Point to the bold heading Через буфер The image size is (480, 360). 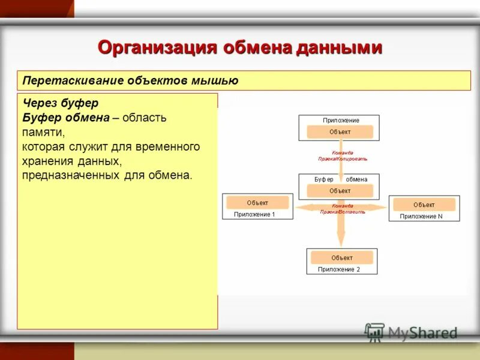[x=60, y=103]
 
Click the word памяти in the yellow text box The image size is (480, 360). [x=43, y=131]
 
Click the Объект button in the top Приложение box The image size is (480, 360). [x=340, y=132]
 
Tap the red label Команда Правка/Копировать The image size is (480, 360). [x=343, y=156]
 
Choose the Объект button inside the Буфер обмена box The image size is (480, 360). [x=340, y=191]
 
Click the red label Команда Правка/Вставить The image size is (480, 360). [x=343, y=209]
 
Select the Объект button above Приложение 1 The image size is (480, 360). [x=257, y=203]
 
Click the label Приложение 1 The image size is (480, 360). [x=254, y=214]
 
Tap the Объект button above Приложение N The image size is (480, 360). [x=424, y=205]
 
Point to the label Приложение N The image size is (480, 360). [x=421, y=216]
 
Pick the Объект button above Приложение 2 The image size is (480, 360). [x=341, y=257]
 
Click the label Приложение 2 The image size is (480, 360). [x=339, y=269]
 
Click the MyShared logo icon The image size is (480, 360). [x=374, y=332]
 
